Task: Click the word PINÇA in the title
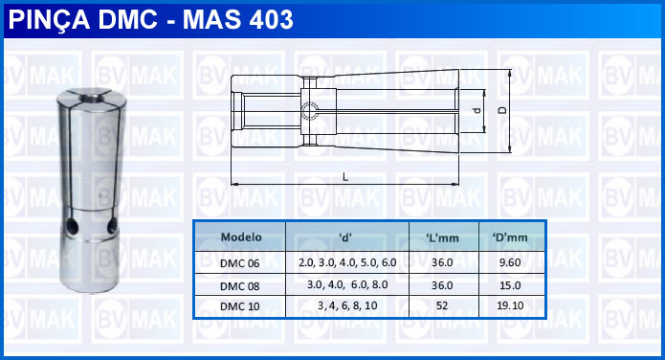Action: (x=49, y=19)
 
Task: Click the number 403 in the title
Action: (x=271, y=19)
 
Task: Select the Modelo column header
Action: (x=241, y=236)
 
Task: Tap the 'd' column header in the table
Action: (x=345, y=237)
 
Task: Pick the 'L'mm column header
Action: (x=442, y=237)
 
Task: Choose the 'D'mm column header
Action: (x=510, y=237)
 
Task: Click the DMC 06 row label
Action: (x=239, y=263)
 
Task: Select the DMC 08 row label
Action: (x=239, y=286)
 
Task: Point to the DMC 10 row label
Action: (x=239, y=306)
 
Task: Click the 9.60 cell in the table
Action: (x=510, y=262)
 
